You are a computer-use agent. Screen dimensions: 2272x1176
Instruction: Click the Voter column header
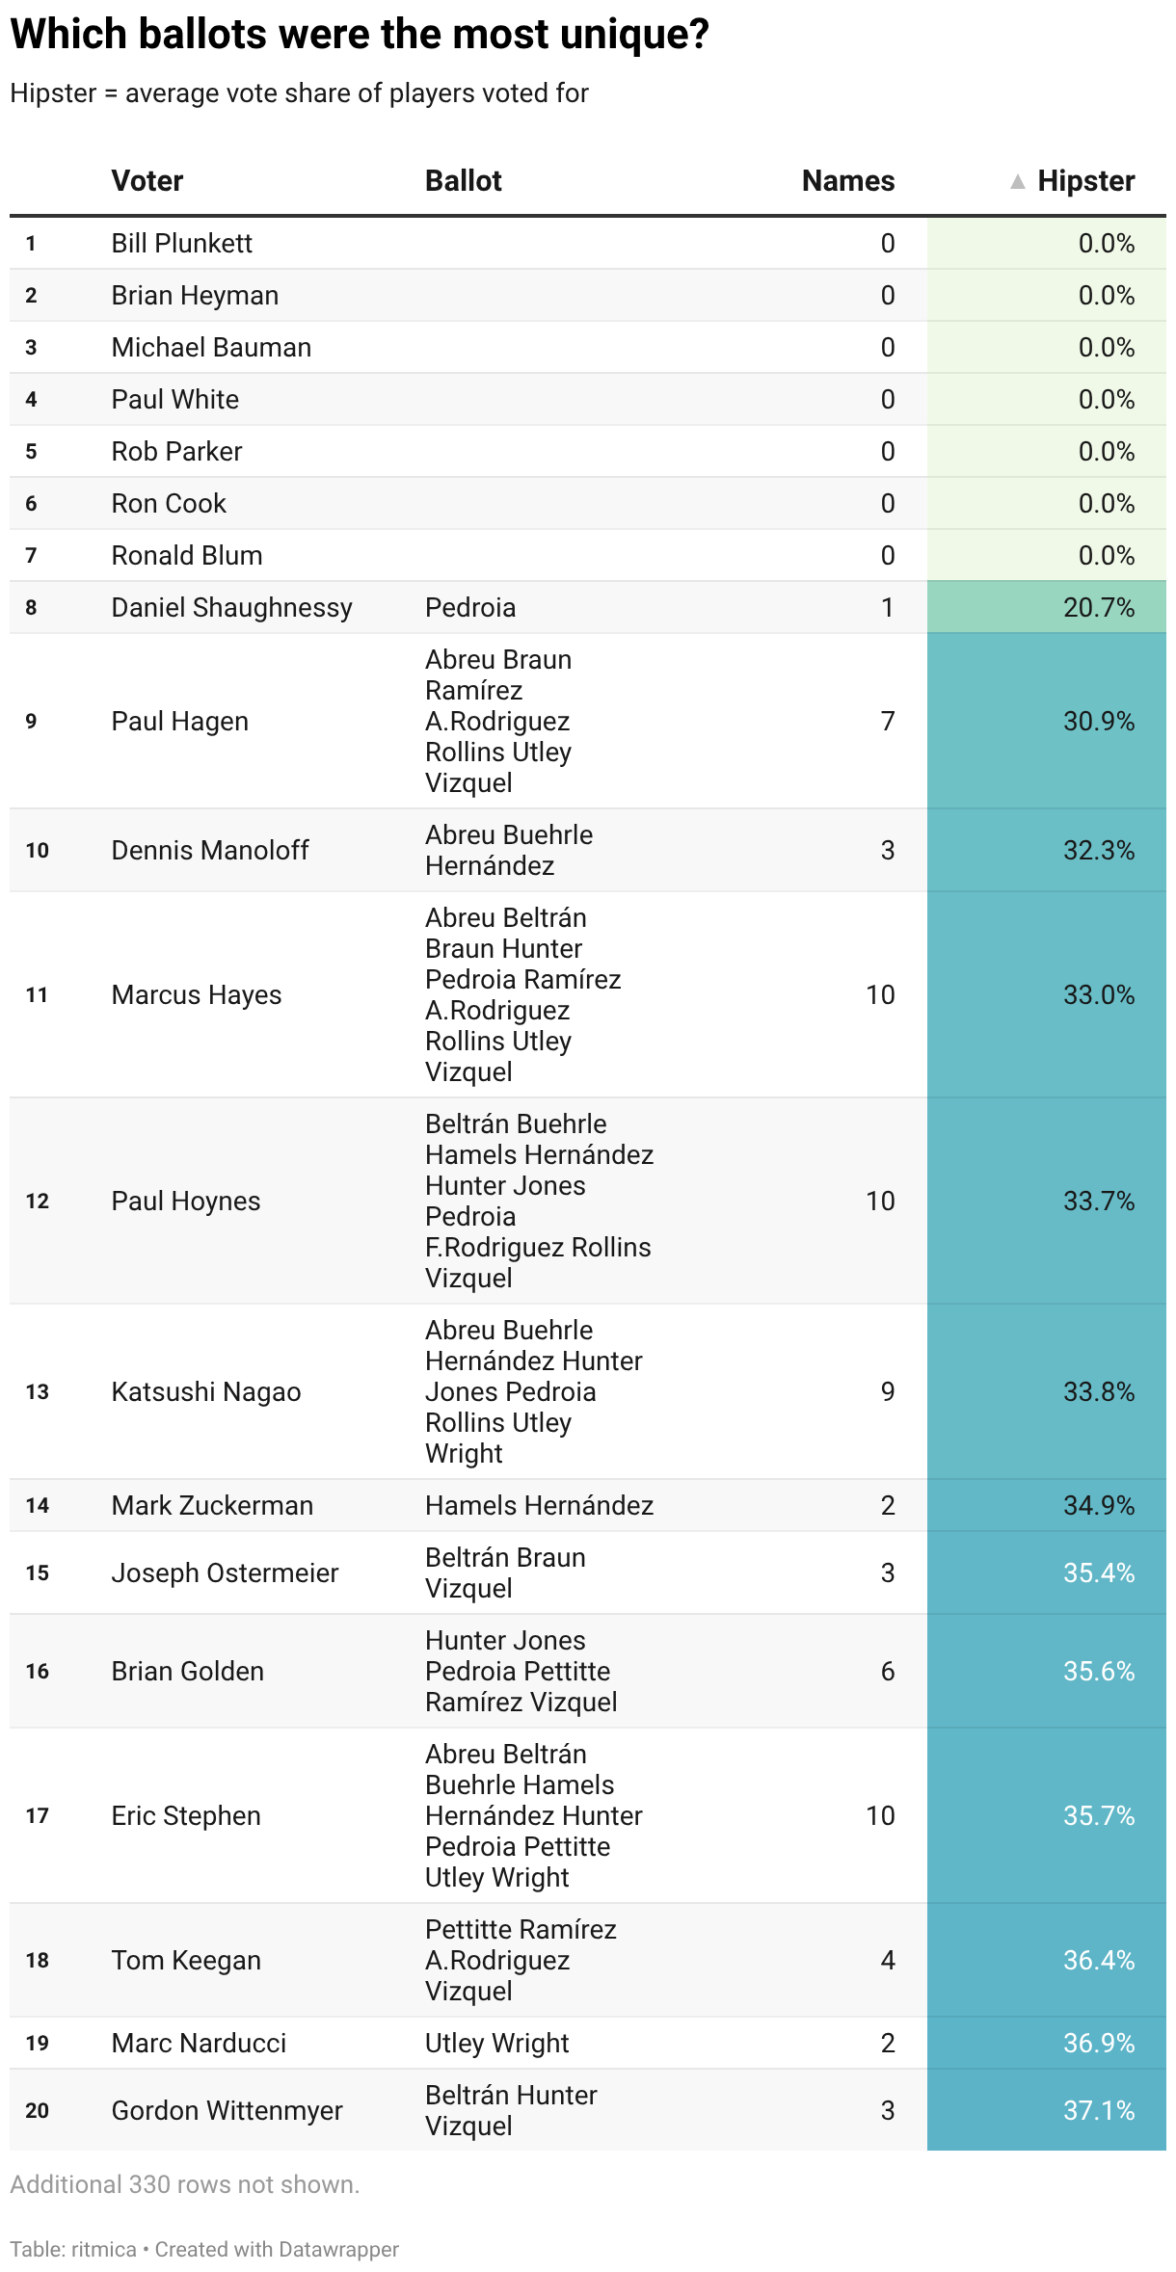click(147, 180)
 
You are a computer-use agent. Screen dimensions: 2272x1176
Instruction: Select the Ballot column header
click(463, 180)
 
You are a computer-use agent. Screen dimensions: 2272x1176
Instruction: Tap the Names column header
click(847, 180)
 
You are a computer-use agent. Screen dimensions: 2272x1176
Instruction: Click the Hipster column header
click(1085, 180)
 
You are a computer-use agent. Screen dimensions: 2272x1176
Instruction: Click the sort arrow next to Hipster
click(1017, 181)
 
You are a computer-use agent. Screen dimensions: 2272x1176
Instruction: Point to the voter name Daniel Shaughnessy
click(231, 607)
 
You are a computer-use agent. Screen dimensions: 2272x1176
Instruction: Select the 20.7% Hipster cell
click(1098, 607)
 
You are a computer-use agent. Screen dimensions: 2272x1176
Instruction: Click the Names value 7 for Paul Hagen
click(887, 721)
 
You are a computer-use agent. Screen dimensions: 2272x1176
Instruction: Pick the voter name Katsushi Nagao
click(205, 1391)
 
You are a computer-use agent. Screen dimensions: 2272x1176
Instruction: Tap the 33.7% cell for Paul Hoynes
click(1098, 1201)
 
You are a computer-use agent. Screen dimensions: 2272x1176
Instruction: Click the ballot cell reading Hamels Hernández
click(539, 1505)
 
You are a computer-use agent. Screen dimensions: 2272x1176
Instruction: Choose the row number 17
click(37, 1815)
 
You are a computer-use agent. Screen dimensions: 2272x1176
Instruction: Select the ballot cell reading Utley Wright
click(496, 2043)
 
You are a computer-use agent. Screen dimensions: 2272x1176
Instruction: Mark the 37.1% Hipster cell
click(1098, 2110)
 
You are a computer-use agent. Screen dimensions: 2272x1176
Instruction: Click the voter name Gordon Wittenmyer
click(227, 2110)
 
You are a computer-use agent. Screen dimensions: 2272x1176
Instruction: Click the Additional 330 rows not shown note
click(184, 2184)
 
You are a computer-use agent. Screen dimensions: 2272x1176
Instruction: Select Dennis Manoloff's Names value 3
click(887, 850)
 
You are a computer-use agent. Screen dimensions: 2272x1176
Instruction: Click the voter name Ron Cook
click(169, 503)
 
